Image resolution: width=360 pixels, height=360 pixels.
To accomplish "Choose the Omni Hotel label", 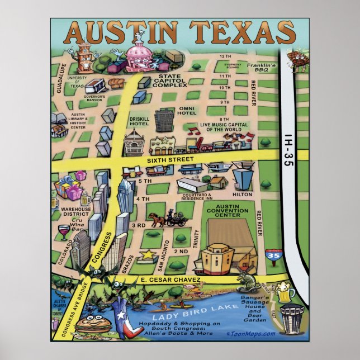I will click(187, 112).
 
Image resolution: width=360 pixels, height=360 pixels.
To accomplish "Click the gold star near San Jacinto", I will click(148, 255).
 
